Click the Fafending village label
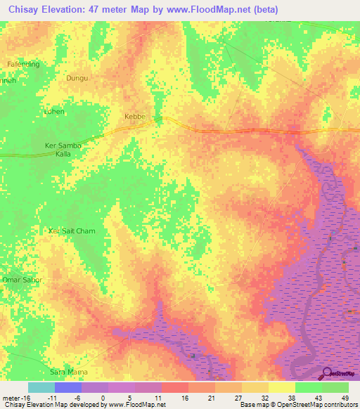pyautogui.click(x=23, y=64)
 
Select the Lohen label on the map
pyautogui.click(x=54, y=112)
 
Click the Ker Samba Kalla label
pyautogui.click(x=64, y=149)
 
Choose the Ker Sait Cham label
pyautogui.click(x=71, y=231)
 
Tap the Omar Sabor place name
pyautogui.click(x=23, y=280)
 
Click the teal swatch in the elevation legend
pyautogui.click(x=41, y=387)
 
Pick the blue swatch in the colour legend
pyautogui.click(x=68, y=387)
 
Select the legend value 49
pyautogui.click(x=344, y=397)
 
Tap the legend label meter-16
pyautogui.click(x=15, y=397)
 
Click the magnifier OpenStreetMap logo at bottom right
pyautogui.click(x=328, y=374)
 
